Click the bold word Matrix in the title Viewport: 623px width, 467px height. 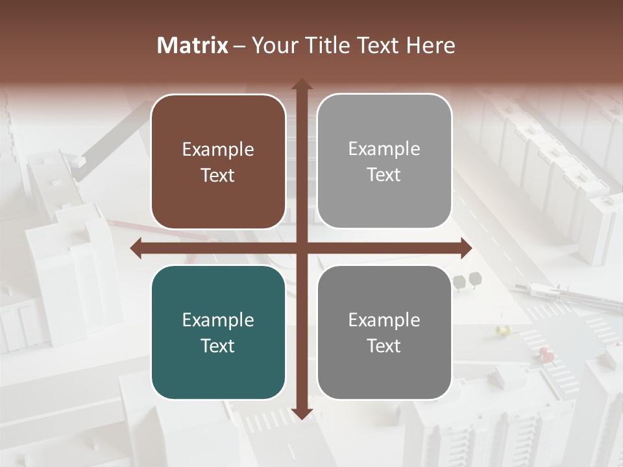tap(193, 45)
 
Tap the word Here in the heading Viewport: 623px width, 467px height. tap(431, 45)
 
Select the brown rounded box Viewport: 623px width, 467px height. tap(218, 162)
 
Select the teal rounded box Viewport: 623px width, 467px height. tap(218, 332)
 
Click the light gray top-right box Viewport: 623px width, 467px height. tap(384, 161)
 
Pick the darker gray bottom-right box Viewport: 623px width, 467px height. tap(384, 332)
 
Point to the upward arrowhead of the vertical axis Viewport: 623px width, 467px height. tap(301, 85)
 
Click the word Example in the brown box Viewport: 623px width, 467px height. tap(218, 150)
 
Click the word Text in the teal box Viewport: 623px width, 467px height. tap(218, 346)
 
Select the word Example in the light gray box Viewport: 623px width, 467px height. tap(384, 149)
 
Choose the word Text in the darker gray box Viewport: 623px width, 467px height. tap(384, 346)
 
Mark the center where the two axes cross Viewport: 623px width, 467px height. tap(301, 248)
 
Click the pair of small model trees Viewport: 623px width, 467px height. tap(468, 280)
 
